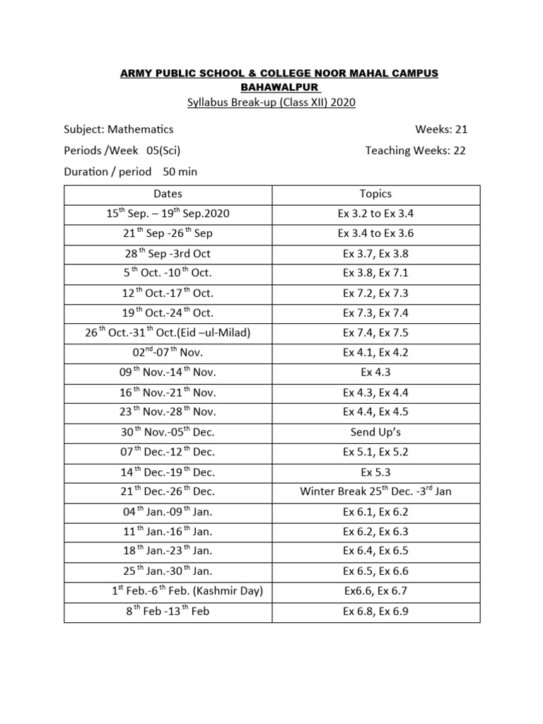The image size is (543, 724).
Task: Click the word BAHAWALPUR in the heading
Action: coord(271,88)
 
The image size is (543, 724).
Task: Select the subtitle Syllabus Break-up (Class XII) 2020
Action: coord(271,103)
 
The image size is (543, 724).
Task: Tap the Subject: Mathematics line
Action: coord(119,129)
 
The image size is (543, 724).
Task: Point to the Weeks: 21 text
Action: coord(441,129)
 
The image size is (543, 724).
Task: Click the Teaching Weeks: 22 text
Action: coord(416,150)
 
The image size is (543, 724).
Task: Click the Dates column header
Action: coord(168,194)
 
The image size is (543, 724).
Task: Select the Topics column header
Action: coord(375,194)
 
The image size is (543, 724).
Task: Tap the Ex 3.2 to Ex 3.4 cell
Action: coord(375,214)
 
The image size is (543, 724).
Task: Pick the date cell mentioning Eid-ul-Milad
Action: coord(168,332)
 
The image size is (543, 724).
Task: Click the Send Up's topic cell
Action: coord(375,432)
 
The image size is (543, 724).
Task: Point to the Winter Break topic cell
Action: coord(375,491)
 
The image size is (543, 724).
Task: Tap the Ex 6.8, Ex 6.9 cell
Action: coord(375,611)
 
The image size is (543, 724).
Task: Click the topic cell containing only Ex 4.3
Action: coord(375,372)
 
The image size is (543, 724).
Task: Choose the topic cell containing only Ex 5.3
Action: coord(375,472)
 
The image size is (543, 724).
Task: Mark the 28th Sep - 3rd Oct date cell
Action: coord(168,253)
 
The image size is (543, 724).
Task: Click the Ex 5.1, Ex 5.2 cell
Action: coord(375,452)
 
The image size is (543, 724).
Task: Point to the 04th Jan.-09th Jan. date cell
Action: coord(168,511)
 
